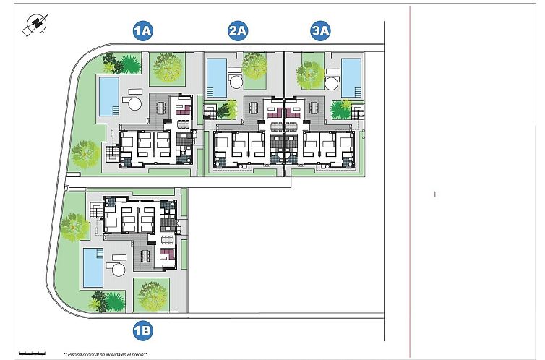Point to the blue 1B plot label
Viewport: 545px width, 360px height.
pyautogui.click(x=142, y=331)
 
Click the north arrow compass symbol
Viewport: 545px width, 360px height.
pyautogui.click(x=33, y=25)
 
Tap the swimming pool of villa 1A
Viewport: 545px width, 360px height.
pyautogui.click(x=108, y=97)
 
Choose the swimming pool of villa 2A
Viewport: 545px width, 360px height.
pyautogui.click(x=216, y=77)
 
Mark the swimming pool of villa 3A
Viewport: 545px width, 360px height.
pyautogui.click(x=351, y=77)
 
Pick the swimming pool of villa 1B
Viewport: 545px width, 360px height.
pyautogui.click(x=92, y=267)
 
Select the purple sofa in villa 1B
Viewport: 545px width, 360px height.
pyautogui.click(x=167, y=253)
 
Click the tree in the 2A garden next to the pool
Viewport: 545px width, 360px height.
pyautogui.click(x=254, y=66)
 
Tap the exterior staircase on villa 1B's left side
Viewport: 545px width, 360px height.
pyautogui.click(x=97, y=212)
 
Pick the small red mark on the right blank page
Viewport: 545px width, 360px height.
pyautogui.click(x=434, y=194)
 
